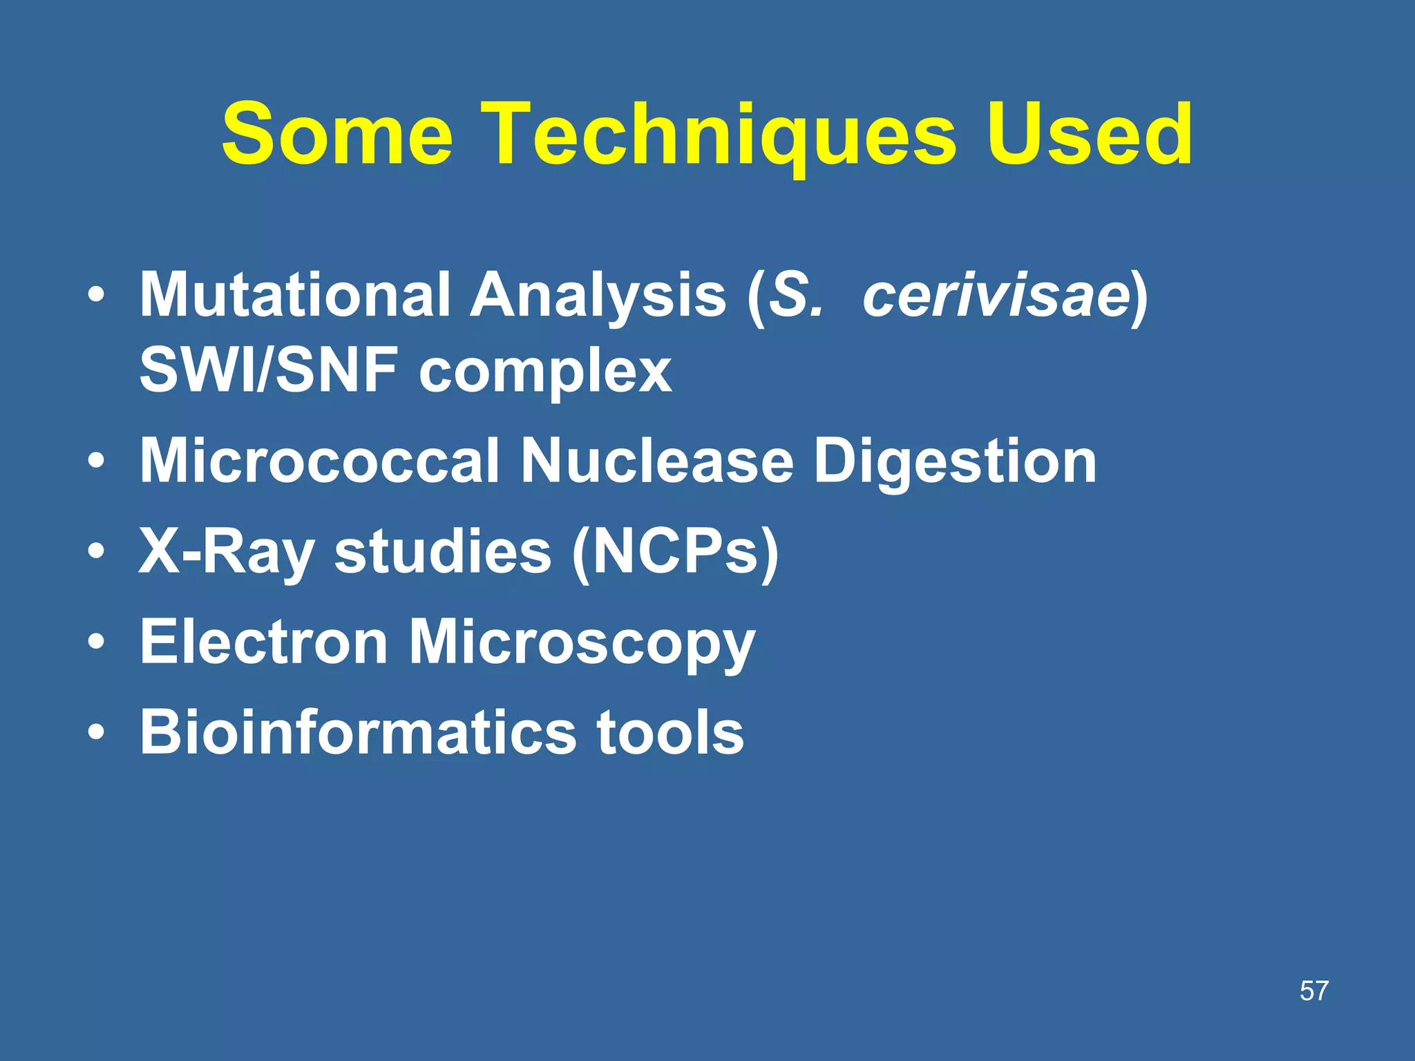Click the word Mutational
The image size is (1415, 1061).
[295, 295]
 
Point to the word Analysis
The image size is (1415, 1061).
[598, 295]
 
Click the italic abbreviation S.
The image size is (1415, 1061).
[797, 295]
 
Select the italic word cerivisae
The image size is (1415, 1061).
[996, 295]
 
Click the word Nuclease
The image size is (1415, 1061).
[657, 461]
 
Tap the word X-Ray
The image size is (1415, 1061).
[227, 552]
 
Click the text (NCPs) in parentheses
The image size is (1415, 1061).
[675, 552]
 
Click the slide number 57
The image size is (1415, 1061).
[1313, 991]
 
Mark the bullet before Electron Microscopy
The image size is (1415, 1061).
[97, 643]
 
